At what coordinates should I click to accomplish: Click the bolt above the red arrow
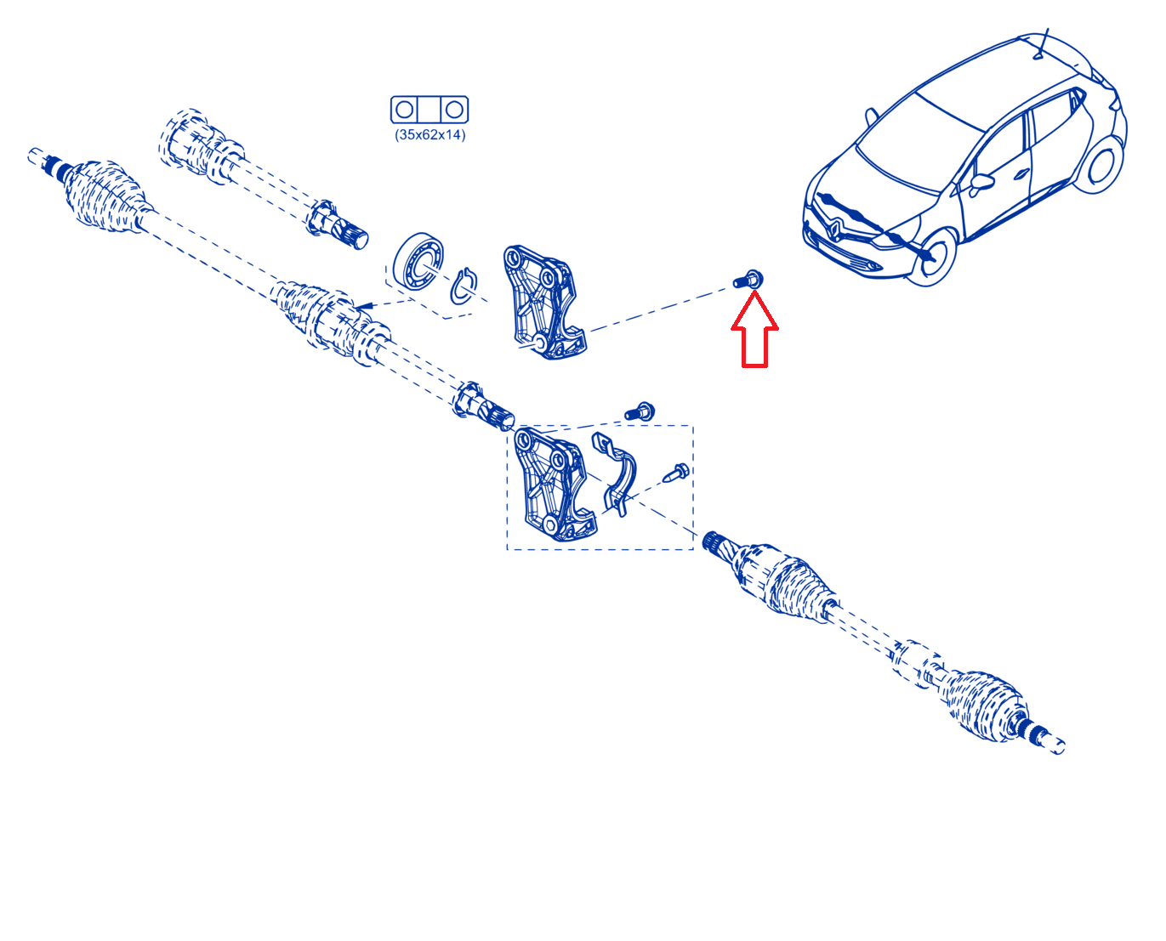(748, 280)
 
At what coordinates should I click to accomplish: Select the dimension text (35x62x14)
(429, 134)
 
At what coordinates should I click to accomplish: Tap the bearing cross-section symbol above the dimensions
(429, 110)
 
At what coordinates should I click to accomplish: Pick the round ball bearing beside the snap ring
(418, 261)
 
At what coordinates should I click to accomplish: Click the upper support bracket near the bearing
(544, 302)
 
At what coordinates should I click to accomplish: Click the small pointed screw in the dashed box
(676, 473)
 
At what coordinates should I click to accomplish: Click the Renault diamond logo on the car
(836, 227)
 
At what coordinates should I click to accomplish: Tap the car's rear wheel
(1099, 166)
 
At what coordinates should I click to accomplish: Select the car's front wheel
(931, 257)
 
